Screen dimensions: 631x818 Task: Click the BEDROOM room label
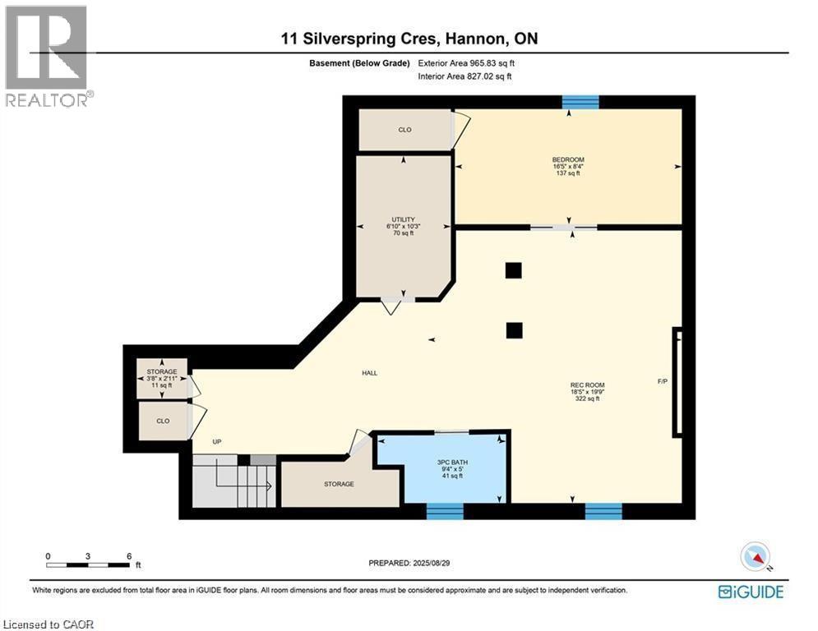568,159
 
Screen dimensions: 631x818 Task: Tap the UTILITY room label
403,220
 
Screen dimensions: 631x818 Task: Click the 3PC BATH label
450,463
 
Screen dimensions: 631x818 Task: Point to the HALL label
370,373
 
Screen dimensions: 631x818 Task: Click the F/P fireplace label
663,381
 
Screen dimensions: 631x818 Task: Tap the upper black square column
514,270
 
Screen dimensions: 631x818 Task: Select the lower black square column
514,330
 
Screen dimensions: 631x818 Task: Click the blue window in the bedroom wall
580,102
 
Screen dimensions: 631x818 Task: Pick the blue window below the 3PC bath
446,511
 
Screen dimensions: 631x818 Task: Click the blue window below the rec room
603,511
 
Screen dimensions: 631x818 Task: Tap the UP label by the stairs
217,442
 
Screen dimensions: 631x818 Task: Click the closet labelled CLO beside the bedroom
404,130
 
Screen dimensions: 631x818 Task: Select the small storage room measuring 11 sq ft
162,378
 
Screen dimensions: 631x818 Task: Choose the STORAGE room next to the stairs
338,484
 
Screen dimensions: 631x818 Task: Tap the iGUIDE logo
750,592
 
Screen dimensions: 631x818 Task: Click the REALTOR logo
47,55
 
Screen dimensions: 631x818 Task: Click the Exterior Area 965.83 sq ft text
467,63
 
